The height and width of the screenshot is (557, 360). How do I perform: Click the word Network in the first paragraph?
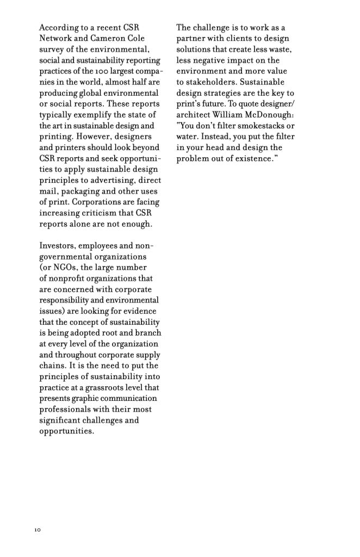56,38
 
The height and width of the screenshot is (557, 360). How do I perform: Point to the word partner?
192,38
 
